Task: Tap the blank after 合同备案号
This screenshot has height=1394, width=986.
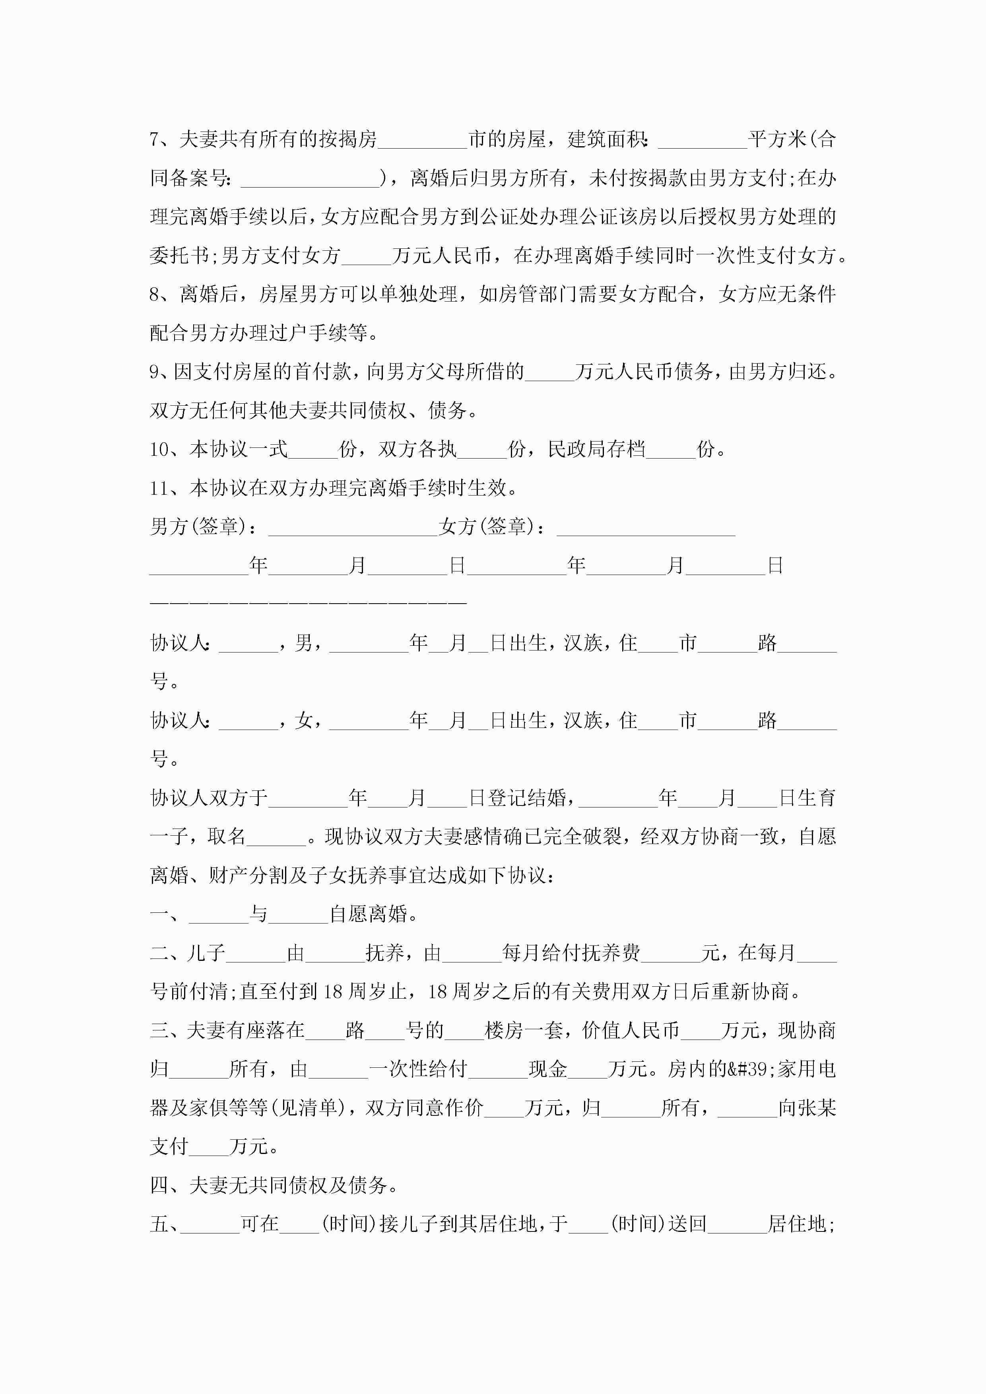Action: point(311,178)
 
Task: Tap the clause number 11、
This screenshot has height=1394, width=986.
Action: point(168,488)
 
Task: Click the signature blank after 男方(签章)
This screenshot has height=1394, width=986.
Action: point(352,527)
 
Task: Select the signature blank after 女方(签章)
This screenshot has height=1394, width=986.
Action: point(645,527)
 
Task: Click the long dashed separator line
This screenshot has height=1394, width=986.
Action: point(308,602)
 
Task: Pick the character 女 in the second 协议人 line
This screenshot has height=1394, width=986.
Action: point(304,721)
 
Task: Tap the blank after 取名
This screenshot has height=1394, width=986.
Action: point(276,836)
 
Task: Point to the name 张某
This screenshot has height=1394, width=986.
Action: point(817,1108)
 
